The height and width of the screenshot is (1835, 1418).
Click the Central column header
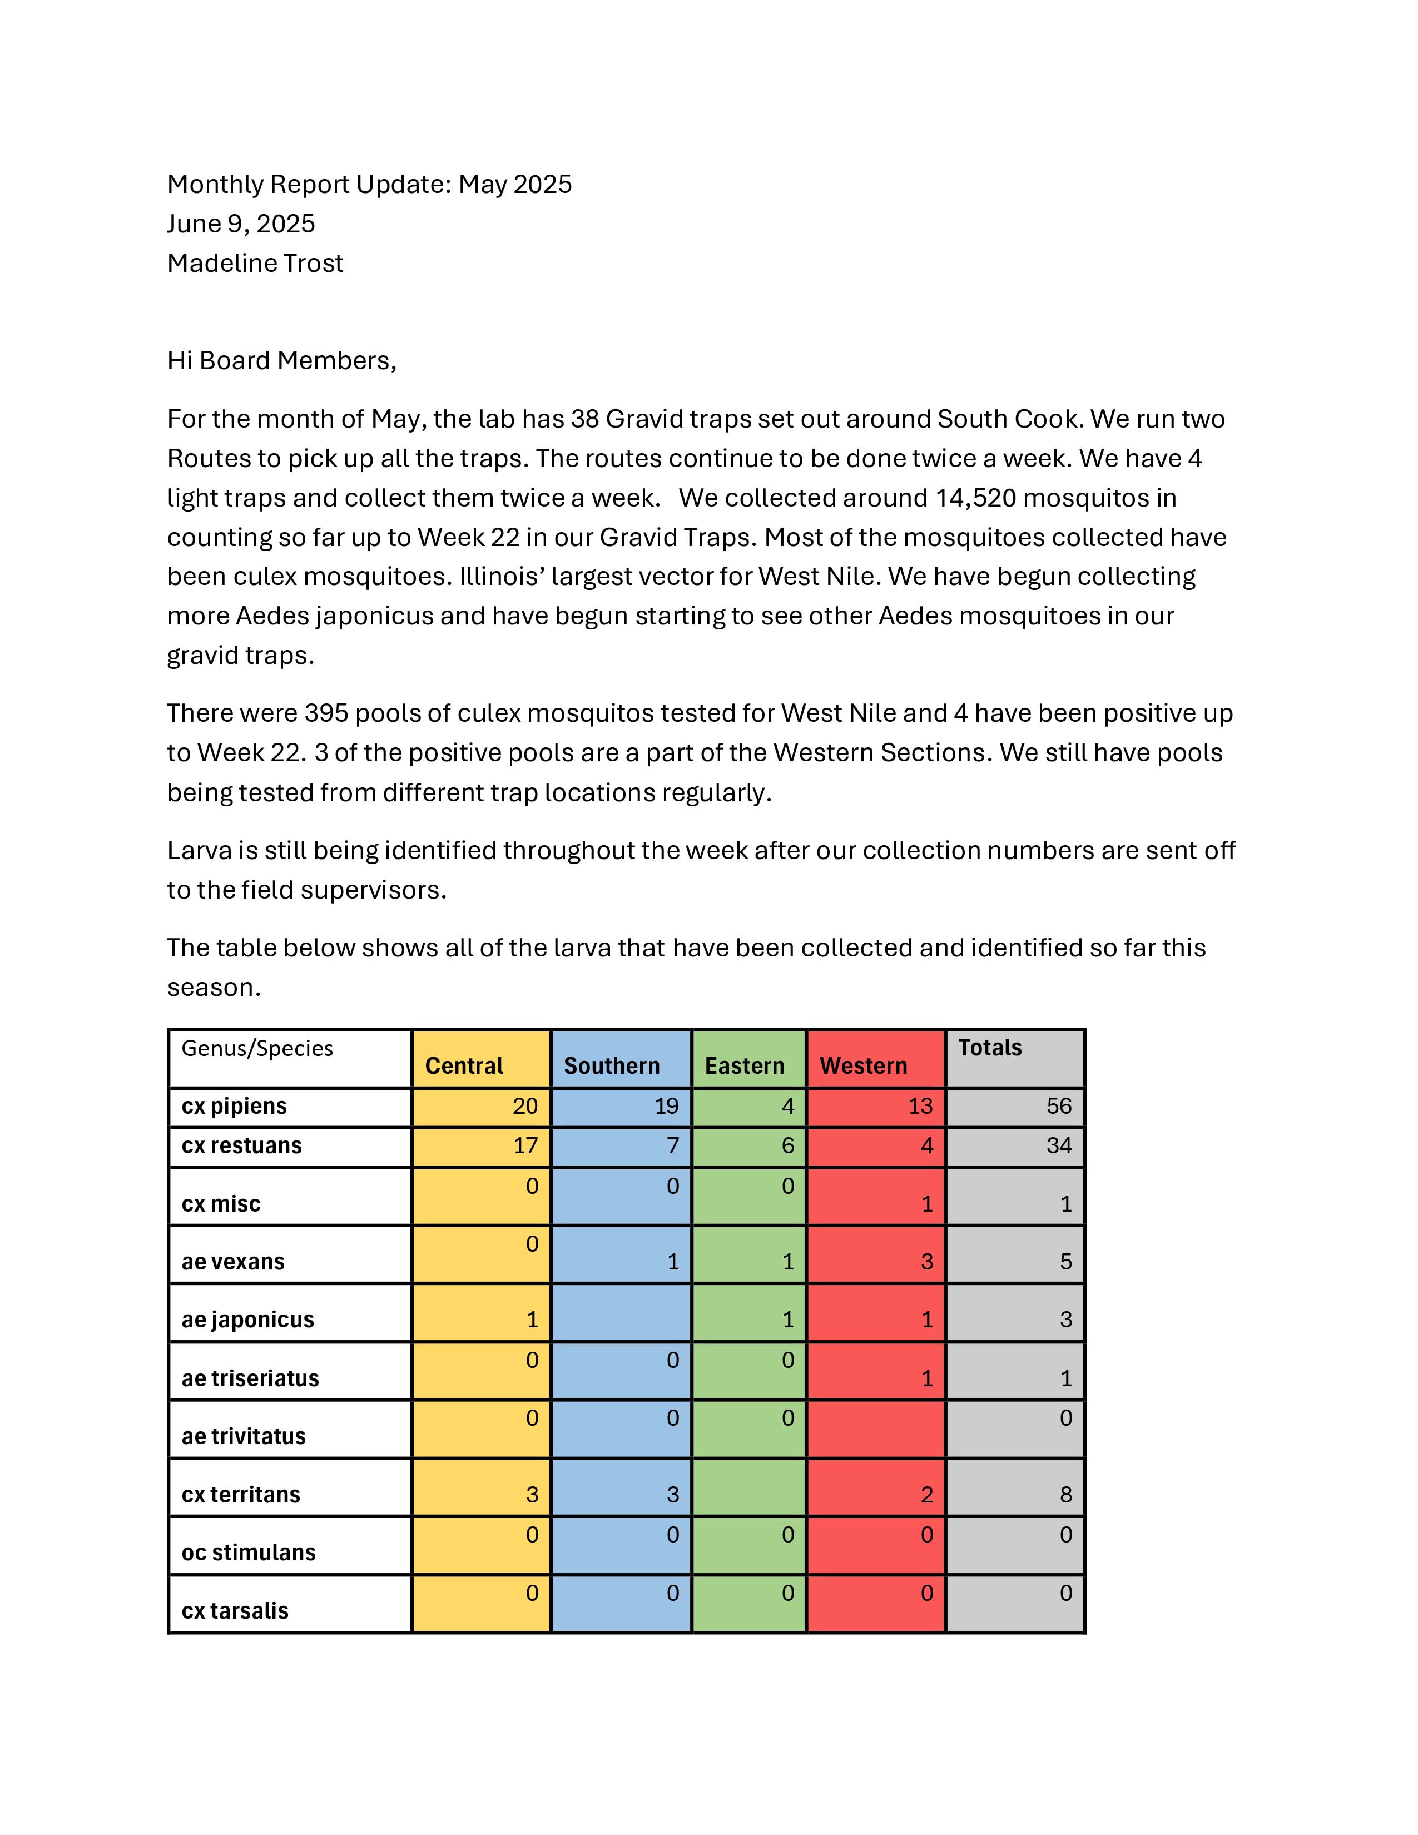464,1065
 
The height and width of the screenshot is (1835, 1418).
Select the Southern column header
612,1065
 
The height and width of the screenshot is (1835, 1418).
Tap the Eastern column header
744,1065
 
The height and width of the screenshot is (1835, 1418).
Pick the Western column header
864,1065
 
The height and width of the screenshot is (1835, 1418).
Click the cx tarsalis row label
235,1611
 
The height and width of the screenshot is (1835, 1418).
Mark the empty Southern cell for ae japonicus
621,1312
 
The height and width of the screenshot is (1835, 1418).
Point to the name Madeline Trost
255,263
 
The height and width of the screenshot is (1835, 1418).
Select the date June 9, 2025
241,224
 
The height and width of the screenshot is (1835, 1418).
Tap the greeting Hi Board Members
281,360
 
